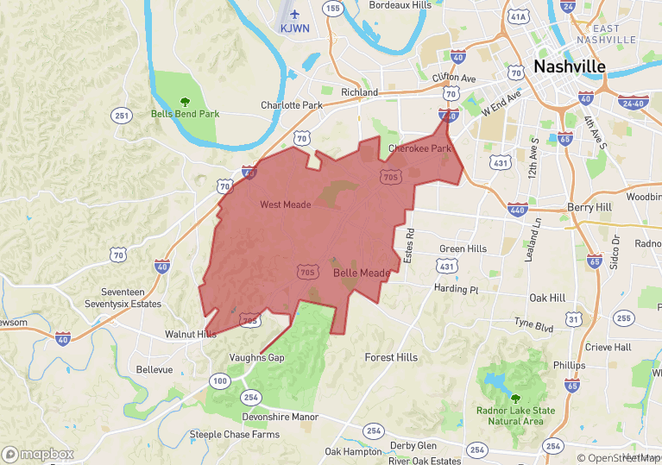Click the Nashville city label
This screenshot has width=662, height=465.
pyautogui.click(x=569, y=66)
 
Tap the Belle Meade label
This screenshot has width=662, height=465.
pyautogui.click(x=362, y=273)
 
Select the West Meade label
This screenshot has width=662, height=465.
pyautogui.click(x=285, y=204)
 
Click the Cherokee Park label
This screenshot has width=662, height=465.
pyautogui.click(x=419, y=148)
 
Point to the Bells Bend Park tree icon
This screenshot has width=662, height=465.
pyautogui.click(x=184, y=102)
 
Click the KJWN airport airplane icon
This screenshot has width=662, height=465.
pyautogui.click(x=294, y=14)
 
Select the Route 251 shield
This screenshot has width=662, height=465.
pyautogui.click(x=121, y=116)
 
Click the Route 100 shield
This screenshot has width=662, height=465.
pyautogui.click(x=220, y=380)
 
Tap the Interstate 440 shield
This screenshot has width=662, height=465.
pyautogui.click(x=518, y=210)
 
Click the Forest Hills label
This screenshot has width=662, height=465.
pyautogui.click(x=391, y=357)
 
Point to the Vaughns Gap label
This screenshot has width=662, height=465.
pyautogui.click(x=257, y=357)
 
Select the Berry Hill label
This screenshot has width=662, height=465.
pyautogui.click(x=589, y=208)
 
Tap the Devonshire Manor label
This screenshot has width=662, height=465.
pyautogui.click(x=281, y=417)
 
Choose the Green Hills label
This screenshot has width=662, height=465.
pyautogui.click(x=463, y=248)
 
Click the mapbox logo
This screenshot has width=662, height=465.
pyautogui.click(x=38, y=454)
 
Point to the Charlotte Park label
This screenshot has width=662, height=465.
pyautogui.click(x=292, y=105)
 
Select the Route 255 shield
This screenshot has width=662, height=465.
pyautogui.click(x=623, y=318)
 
